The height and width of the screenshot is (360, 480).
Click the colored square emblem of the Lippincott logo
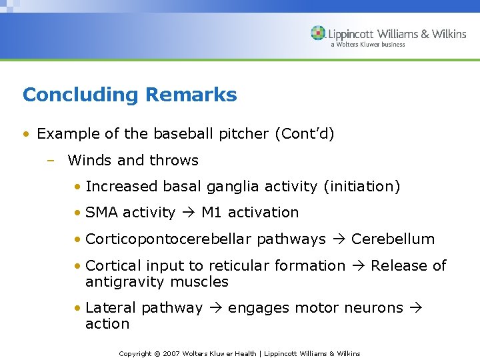(x=318, y=33)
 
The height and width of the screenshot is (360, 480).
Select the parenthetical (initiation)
(x=361, y=186)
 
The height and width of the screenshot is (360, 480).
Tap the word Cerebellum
(x=393, y=239)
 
